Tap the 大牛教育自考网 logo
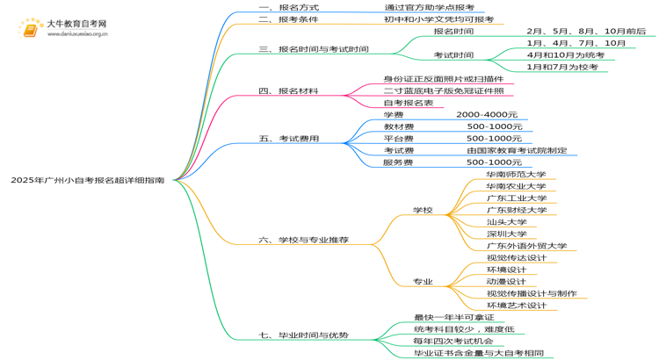(62, 28)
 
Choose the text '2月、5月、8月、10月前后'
(585, 31)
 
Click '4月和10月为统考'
(565, 54)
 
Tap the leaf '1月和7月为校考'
(561, 67)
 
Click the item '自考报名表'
(409, 103)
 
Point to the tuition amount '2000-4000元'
(487, 115)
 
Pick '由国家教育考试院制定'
(517, 150)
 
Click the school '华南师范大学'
(516, 174)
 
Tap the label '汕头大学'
(507, 222)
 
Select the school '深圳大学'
(507, 234)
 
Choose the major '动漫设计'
(506, 281)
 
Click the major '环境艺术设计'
(516, 305)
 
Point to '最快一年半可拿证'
(453, 317)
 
